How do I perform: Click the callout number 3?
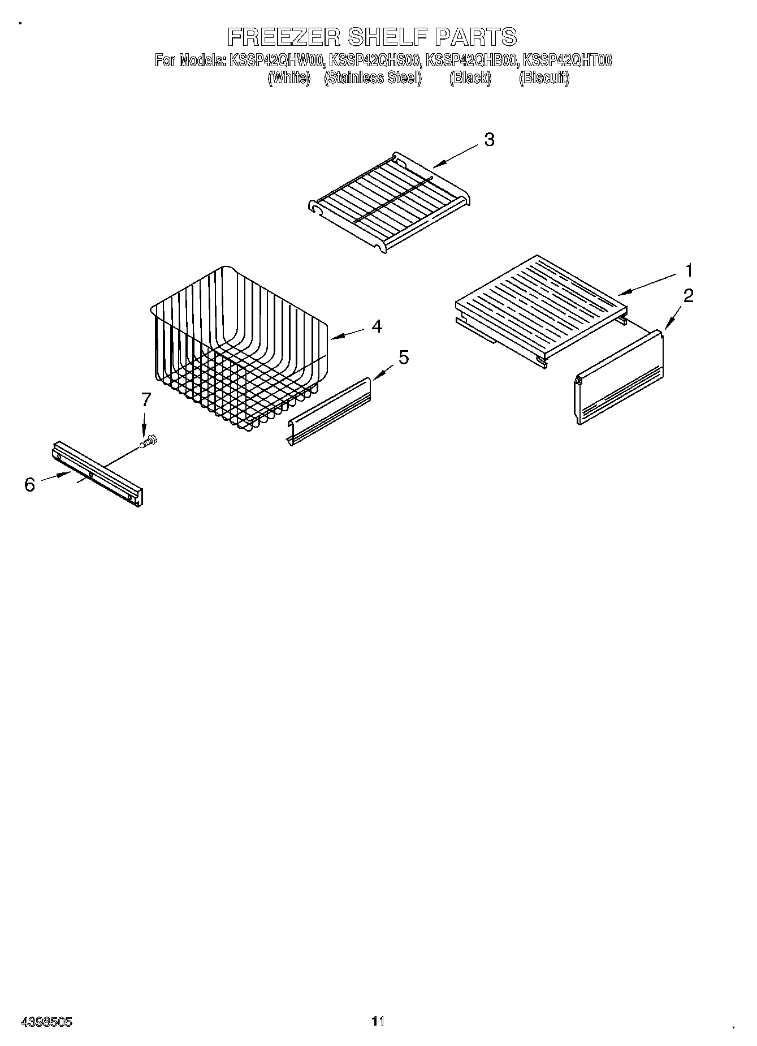point(489,140)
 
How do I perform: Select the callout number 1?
point(689,271)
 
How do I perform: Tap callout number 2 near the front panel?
point(688,296)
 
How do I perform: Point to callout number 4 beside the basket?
point(377,326)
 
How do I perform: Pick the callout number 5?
point(404,358)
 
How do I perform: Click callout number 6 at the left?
point(30,485)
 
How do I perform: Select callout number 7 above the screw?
point(146,400)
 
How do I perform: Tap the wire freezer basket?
point(237,351)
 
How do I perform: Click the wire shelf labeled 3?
point(390,204)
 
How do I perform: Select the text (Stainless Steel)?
point(373,78)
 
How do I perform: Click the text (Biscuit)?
point(544,78)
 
